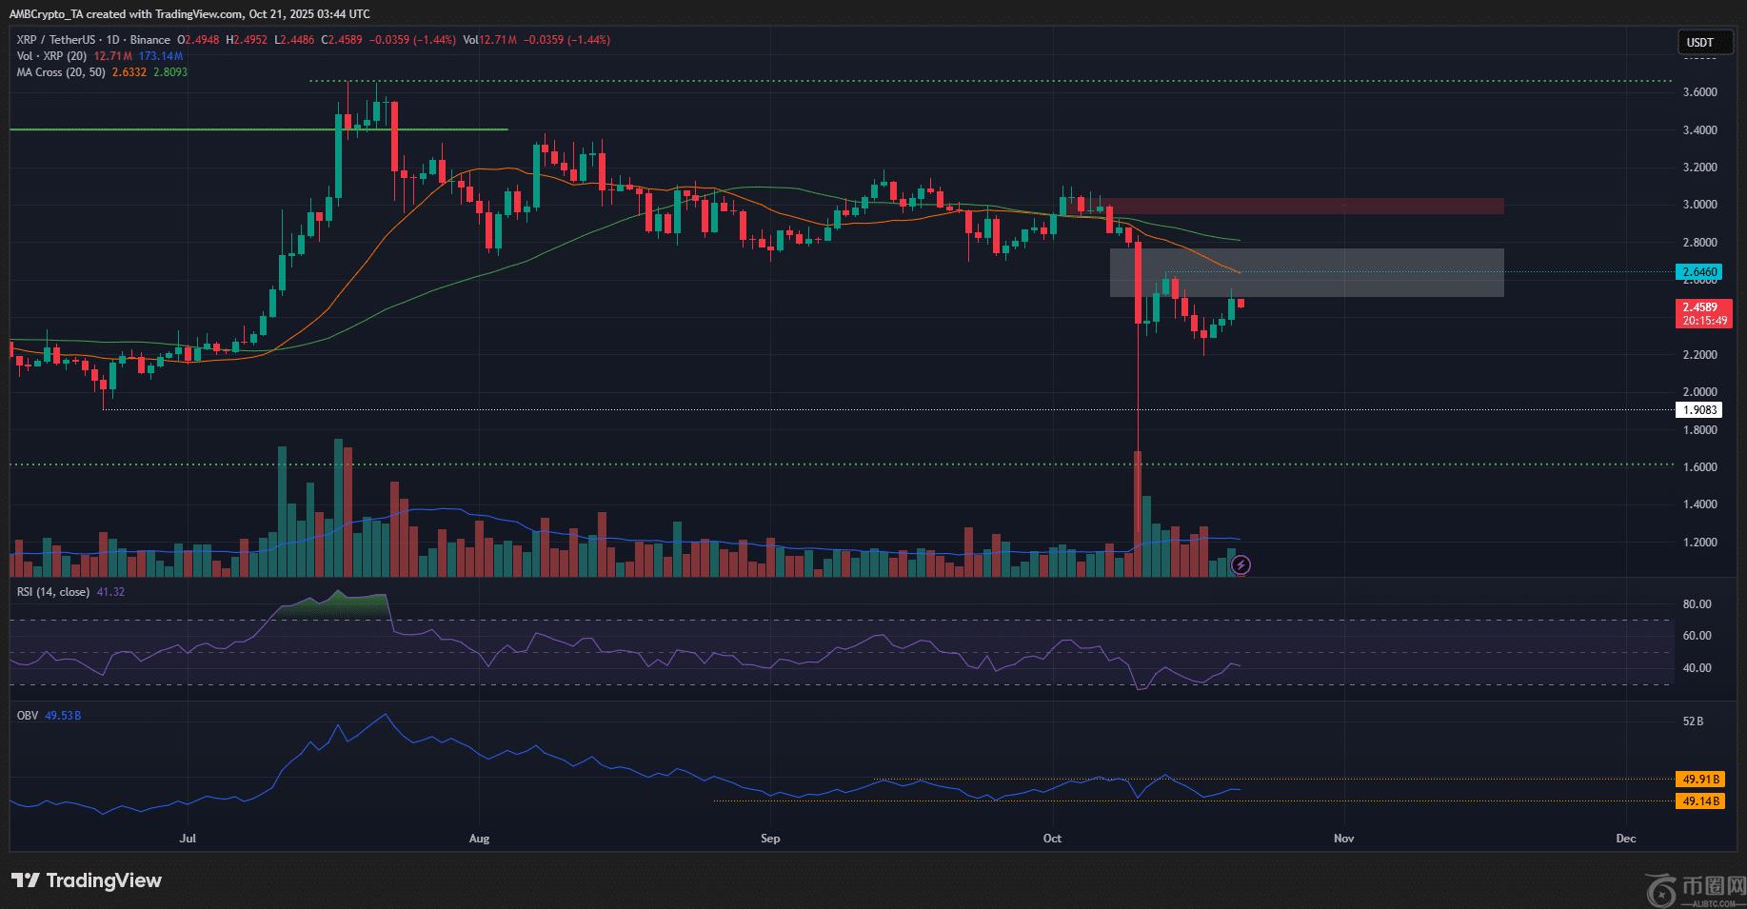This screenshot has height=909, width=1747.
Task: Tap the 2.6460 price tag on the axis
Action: tap(1699, 272)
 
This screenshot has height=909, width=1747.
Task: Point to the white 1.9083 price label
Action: tap(1699, 410)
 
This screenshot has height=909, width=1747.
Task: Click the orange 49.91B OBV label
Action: tap(1700, 780)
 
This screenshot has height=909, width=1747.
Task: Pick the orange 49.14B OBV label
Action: tap(1700, 801)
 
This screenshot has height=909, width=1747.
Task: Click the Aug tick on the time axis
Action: tap(479, 839)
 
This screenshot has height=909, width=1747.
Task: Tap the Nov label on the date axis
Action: tap(1343, 839)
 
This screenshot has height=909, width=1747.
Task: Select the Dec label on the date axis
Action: tap(1625, 839)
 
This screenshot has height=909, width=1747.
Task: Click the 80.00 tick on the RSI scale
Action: tap(1697, 604)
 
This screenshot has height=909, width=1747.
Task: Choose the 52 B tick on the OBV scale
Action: tap(1693, 721)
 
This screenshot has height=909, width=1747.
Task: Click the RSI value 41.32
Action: tap(110, 592)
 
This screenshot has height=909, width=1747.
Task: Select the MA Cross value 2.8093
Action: tap(170, 71)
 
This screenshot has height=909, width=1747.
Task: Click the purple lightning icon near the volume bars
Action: tap(1241, 565)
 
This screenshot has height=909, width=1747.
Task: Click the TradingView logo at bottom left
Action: tap(87, 880)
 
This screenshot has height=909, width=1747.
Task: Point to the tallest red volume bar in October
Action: tap(1137, 514)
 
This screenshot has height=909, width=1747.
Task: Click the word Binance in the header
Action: tap(149, 40)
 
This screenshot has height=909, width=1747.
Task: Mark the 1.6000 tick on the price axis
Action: tap(1699, 467)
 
